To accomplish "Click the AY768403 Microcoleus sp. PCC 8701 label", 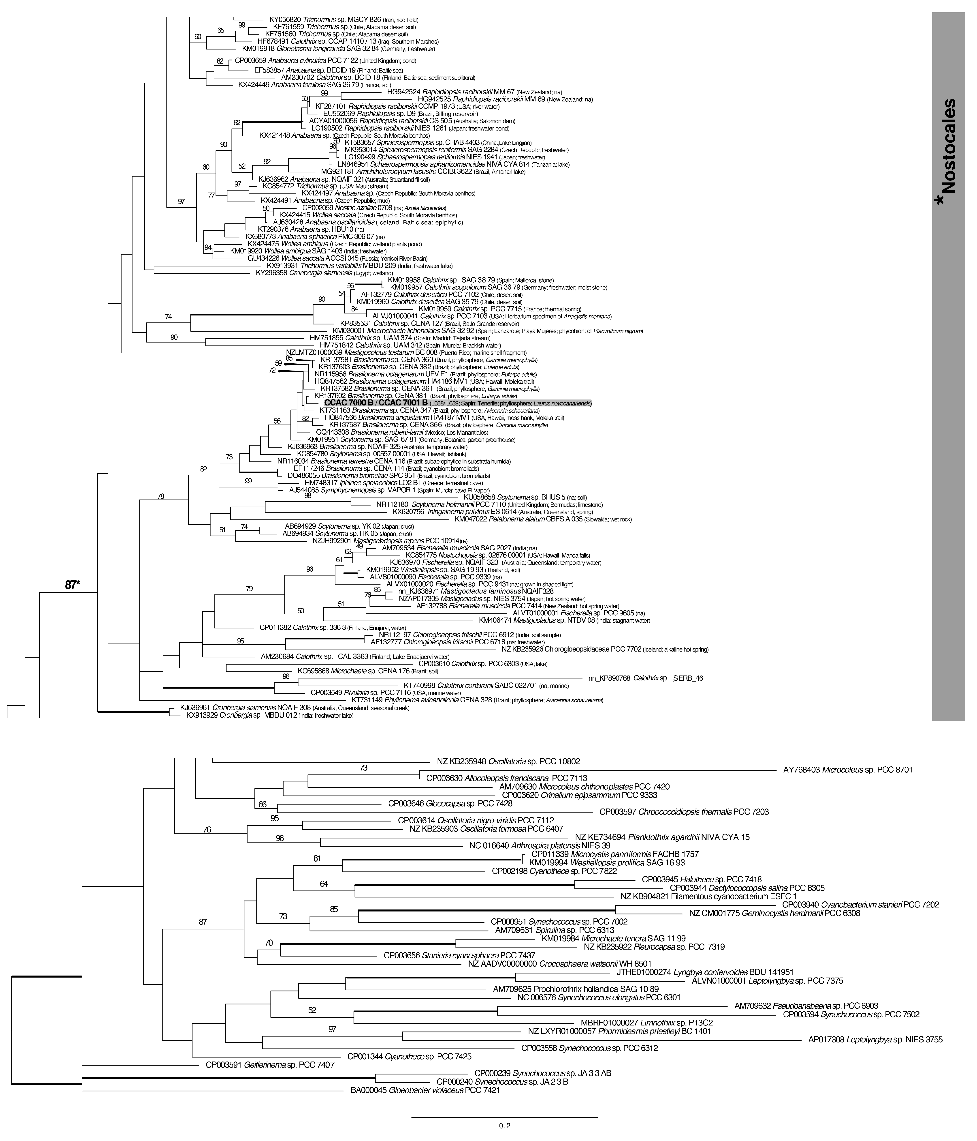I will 848,770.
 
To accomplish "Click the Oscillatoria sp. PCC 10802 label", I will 508,761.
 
